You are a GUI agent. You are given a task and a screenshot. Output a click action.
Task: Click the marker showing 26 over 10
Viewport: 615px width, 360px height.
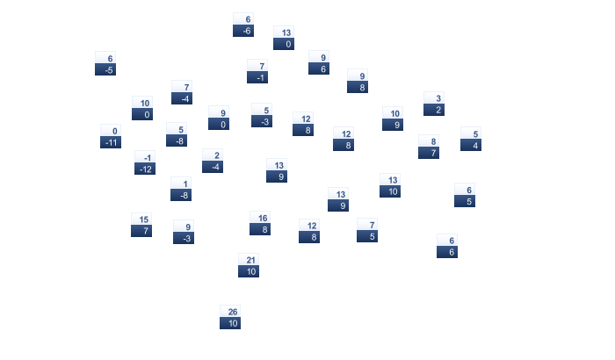pos(230,317)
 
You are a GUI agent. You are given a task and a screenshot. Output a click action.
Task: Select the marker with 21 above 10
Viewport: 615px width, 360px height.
pos(249,265)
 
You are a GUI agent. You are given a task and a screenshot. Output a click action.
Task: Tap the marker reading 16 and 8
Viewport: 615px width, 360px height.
pos(260,224)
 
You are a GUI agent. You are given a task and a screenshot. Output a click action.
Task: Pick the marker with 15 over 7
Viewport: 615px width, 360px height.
pos(141,225)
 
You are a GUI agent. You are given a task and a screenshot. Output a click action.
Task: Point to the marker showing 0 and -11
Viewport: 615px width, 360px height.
pos(111,136)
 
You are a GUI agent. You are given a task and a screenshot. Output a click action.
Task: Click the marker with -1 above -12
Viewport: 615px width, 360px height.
pos(145,162)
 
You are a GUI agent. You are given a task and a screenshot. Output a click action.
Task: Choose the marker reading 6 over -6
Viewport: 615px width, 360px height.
pos(243,25)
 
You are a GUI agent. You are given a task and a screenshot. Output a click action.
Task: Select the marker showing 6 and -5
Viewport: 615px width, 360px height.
pos(105,63)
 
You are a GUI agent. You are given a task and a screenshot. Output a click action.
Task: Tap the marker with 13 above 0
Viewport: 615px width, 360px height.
pos(284,38)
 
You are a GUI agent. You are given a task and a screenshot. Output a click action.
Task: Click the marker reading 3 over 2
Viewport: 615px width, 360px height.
pos(434,104)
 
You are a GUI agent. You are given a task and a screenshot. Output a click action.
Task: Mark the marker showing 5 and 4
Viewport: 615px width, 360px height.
pos(471,140)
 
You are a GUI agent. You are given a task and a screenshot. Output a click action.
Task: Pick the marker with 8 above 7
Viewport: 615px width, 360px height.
pos(429,147)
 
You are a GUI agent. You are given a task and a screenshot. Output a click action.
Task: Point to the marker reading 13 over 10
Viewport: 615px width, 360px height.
pos(390,185)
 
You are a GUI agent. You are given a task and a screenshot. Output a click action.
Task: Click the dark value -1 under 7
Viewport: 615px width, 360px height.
pos(257,77)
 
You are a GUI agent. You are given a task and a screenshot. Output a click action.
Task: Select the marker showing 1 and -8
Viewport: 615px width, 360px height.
pos(181,189)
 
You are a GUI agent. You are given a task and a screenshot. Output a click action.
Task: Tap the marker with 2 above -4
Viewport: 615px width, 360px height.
pos(213,161)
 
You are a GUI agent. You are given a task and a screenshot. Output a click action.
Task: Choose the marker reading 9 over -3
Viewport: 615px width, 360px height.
pos(184,232)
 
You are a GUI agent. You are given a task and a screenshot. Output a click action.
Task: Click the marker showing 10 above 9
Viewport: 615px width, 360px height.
pos(393,119)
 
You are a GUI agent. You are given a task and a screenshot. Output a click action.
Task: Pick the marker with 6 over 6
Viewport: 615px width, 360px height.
pos(447,246)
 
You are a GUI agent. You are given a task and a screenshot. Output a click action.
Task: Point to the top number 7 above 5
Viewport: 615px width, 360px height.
pos(367,225)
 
